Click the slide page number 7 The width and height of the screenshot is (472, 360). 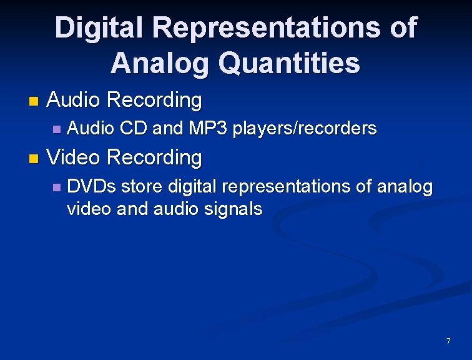coord(448,341)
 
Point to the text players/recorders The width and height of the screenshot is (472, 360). coord(305,129)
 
